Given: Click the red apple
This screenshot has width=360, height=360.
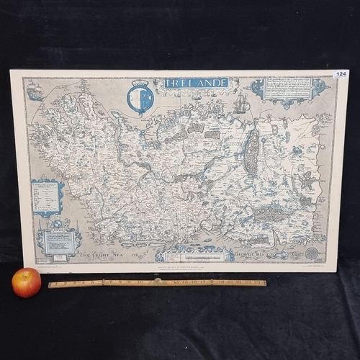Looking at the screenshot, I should (x=26, y=282).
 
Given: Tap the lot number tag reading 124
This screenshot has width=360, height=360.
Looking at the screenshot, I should (x=341, y=73).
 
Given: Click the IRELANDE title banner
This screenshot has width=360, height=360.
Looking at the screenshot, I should (x=196, y=83).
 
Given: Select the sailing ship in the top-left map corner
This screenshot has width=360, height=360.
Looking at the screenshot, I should (x=34, y=90).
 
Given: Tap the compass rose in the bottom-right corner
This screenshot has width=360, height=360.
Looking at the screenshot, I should (x=312, y=253).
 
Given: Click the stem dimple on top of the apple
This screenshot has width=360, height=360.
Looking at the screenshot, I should (x=27, y=274).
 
